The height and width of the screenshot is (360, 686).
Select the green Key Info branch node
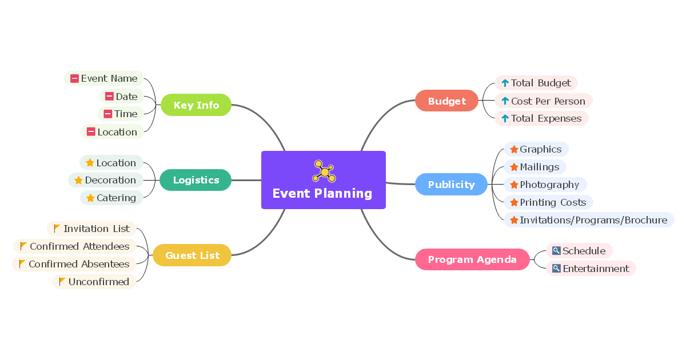pos(196,105)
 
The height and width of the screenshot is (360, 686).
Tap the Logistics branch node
pos(196,180)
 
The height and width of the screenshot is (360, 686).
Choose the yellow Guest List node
pos(192,255)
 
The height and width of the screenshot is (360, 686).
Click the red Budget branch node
pos(446,101)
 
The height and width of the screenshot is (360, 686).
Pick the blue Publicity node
pos(451,185)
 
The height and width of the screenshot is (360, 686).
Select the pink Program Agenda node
pos(472,259)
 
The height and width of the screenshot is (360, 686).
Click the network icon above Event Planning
pos(324,171)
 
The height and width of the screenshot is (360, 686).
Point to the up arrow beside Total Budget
pos(505,83)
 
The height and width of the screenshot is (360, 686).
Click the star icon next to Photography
pos(514,185)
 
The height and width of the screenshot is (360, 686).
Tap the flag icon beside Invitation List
pos(57,229)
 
